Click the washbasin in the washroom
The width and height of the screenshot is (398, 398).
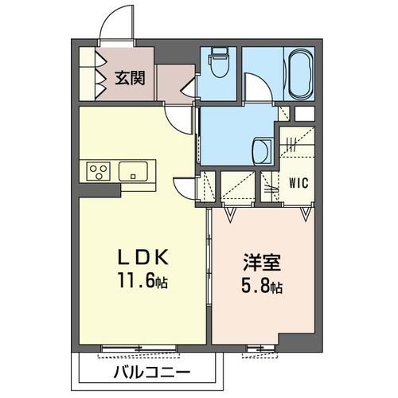[x=260, y=149]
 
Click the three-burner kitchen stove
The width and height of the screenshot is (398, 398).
[x=99, y=171]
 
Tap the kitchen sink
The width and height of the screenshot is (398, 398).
[x=135, y=171]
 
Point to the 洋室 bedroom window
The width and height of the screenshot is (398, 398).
[x=259, y=349]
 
